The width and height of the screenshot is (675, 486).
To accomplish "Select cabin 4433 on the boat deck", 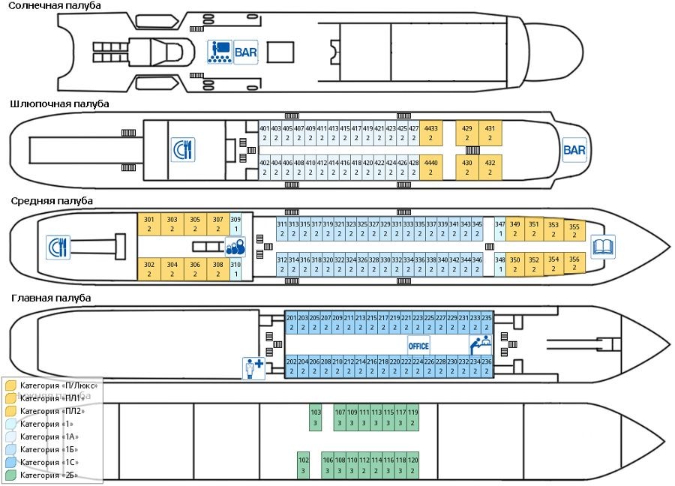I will [x=431, y=133].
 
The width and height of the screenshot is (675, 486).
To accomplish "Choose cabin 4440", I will [x=431, y=167].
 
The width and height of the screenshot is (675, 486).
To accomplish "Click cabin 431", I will [x=490, y=133].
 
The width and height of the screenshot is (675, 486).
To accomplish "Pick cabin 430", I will [x=467, y=167].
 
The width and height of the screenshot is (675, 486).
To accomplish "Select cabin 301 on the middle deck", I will [x=148, y=224].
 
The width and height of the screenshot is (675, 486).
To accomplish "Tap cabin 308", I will [x=218, y=269].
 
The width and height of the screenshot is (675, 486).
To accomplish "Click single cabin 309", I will [x=235, y=224].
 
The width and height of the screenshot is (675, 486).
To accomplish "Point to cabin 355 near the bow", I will [x=574, y=231].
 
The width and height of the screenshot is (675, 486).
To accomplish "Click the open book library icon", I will [x=603, y=246].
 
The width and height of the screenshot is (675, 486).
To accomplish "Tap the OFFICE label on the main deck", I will [x=418, y=346].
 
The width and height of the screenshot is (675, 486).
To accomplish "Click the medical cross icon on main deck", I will [x=253, y=367].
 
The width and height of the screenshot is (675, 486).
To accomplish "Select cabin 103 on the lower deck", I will [x=316, y=418].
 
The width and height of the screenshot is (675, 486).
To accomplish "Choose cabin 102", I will [x=303, y=465].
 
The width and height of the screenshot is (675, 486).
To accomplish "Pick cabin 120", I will [x=412, y=465].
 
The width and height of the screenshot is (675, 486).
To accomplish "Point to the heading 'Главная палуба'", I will [x=51, y=298].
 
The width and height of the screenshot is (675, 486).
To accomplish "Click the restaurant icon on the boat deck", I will [x=182, y=149].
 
